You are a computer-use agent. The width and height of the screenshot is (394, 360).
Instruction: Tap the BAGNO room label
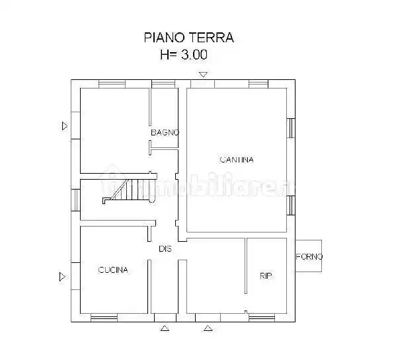coord(165,133)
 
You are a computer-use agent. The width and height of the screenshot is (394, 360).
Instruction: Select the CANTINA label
coord(236,159)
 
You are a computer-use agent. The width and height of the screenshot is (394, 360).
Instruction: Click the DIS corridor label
coord(165,249)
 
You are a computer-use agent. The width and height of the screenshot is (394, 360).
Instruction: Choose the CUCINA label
coord(113,270)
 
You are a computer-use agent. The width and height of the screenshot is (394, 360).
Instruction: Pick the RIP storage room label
coord(266,275)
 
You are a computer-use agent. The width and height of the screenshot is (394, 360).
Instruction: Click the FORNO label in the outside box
coord(309,257)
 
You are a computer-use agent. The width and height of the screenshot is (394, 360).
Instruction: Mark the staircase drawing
coord(128,192)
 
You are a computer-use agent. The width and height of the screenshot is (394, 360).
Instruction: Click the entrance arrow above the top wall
coord(204,74)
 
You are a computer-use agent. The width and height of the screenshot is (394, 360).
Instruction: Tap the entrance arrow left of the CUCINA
coord(63,275)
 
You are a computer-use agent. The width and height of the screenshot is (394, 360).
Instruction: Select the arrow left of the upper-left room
coord(63,126)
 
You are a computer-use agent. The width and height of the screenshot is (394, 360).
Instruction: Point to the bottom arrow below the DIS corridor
coord(165,327)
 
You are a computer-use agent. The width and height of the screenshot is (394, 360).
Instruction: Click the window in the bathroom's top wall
coord(162,84)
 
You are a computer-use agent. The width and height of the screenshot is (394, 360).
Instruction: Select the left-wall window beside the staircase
coord(75,197)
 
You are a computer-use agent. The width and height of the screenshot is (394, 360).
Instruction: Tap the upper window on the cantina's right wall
coord(290,127)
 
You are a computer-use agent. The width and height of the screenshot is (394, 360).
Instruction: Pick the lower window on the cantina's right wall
coord(290,205)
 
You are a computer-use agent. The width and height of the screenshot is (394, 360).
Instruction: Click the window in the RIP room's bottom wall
coord(262,317)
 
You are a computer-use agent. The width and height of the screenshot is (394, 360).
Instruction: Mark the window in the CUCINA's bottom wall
coord(104,317)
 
